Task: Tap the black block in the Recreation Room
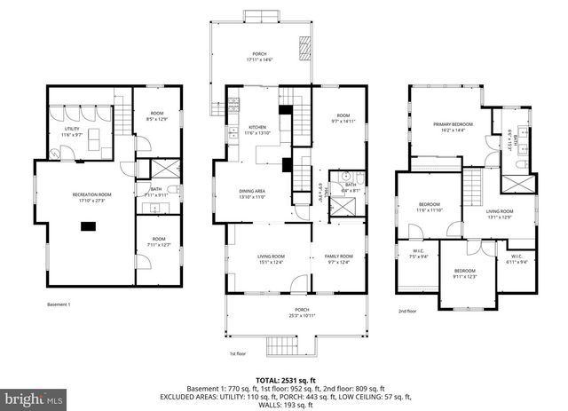pyautogui.click(x=89, y=226)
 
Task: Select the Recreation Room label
pyautogui.click(x=91, y=196)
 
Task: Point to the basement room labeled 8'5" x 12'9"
pyautogui.click(x=157, y=115)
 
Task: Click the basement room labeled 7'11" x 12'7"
pyautogui.click(x=157, y=241)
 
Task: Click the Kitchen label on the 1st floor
pyautogui.click(x=257, y=130)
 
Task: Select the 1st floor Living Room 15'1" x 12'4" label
pyautogui.click(x=257, y=258)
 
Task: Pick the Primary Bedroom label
pyautogui.click(x=453, y=127)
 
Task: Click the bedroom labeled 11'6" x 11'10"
pyautogui.click(x=429, y=208)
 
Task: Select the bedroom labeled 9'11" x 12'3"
pyautogui.click(x=465, y=273)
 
